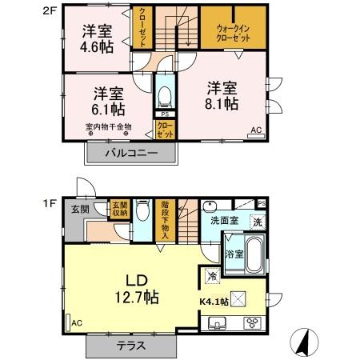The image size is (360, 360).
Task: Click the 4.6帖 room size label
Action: (x=96, y=47)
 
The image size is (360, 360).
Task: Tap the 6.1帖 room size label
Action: (x=105, y=107)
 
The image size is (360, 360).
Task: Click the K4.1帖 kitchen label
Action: (x=214, y=302)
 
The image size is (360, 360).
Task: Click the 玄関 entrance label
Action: (x=79, y=209)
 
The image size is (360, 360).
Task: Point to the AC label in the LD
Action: (x=77, y=322)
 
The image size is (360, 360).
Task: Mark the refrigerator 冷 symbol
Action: (x=212, y=276)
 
